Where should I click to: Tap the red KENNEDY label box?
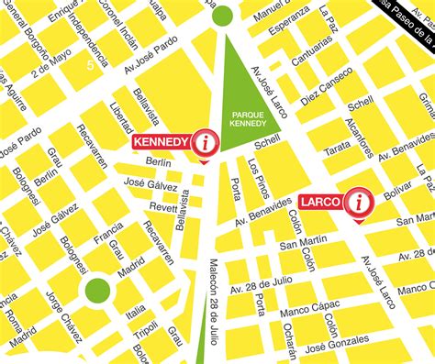[162, 142]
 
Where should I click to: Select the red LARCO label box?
[320, 201]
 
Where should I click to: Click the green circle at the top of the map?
[222, 15]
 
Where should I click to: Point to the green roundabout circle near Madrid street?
[97, 292]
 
